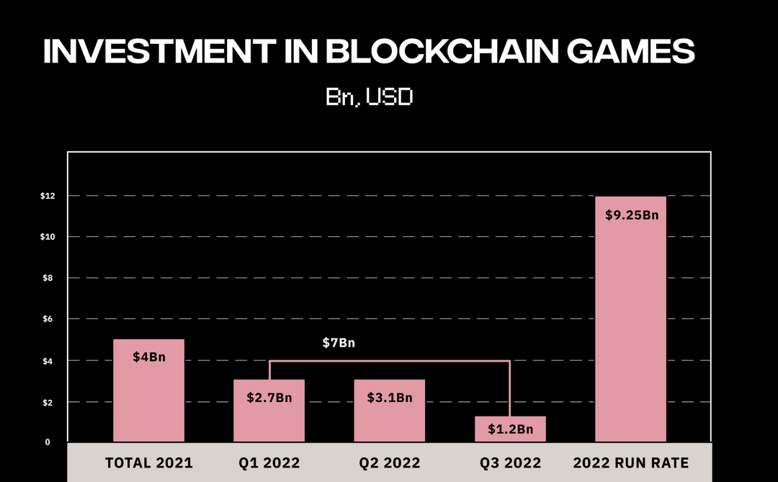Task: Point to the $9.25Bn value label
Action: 630,215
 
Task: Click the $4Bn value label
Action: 149,357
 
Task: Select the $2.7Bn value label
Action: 269,398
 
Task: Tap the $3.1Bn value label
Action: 390,398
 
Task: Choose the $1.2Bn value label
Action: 510,429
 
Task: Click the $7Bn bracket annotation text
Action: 339,343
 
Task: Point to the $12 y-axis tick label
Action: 48,196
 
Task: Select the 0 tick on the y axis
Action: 48,442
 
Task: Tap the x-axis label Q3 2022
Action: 510,463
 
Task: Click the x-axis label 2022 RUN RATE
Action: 630,463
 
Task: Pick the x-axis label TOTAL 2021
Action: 149,463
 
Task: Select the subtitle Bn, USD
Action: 369,97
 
